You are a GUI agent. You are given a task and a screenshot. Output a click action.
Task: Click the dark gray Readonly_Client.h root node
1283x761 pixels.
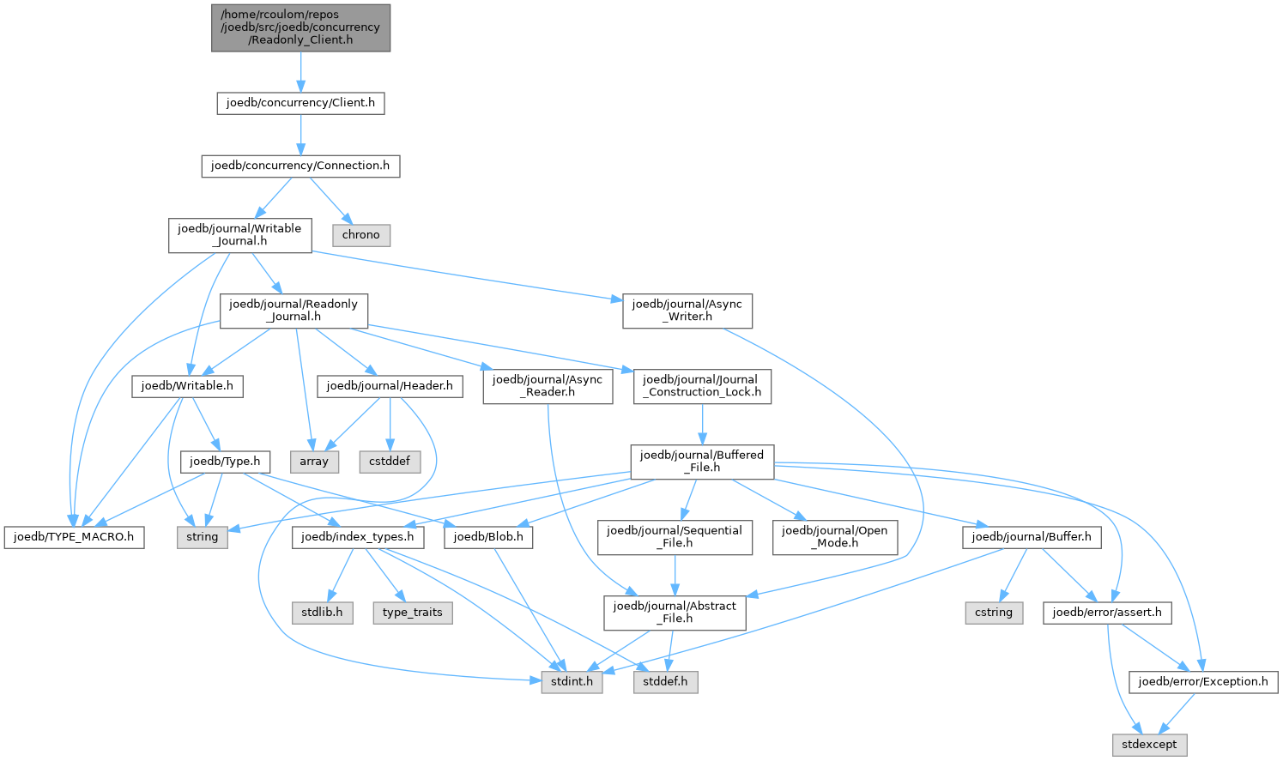click(x=300, y=28)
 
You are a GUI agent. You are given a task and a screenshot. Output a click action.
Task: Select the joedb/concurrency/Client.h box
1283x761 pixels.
click(x=300, y=103)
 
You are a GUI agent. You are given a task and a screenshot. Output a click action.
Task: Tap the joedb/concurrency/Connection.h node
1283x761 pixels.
click(x=300, y=166)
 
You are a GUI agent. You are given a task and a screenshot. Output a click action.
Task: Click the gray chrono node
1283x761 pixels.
click(x=361, y=235)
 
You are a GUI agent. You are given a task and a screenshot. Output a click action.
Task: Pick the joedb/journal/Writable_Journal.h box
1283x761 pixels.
click(x=240, y=235)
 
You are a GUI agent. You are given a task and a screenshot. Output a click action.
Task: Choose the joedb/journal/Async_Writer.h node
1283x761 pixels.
click(x=687, y=311)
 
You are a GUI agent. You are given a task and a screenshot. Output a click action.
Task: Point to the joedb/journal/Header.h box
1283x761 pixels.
click(x=390, y=387)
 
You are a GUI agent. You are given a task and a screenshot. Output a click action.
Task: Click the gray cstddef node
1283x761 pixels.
click(x=390, y=462)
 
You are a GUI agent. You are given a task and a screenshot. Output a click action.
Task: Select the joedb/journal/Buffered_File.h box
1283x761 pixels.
click(x=702, y=462)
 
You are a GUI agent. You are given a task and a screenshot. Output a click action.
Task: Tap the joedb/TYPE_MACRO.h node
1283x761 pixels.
click(x=74, y=538)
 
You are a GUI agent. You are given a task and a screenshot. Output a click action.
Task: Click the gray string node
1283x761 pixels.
click(x=203, y=538)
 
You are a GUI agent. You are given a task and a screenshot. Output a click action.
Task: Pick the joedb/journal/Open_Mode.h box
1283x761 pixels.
click(x=835, y=538)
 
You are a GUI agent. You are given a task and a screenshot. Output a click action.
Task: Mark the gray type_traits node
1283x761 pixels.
click(x=413, y=613)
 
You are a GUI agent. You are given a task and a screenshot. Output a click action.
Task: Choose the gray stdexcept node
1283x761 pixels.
click(x=1149, y=745)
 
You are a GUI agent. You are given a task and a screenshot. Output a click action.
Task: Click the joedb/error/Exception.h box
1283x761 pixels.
click(x=1203, y=682)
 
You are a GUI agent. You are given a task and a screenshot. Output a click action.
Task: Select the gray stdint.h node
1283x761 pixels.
click(x=572, y=682)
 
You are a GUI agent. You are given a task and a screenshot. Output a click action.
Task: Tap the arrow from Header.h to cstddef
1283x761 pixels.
click(x=390, y=425)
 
